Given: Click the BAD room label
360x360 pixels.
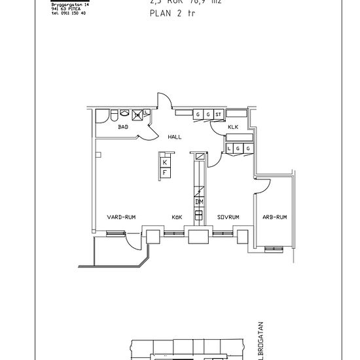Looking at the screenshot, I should (123, 128).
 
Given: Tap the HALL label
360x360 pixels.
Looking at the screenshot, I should (174, 137).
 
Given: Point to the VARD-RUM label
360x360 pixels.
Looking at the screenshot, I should (121, 217).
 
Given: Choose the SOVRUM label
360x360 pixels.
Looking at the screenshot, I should (228, 217).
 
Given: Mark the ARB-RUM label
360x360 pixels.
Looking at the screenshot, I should (275, 217).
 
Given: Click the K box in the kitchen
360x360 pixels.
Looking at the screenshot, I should (165, 162).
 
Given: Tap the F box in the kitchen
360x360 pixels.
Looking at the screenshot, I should (165, 171).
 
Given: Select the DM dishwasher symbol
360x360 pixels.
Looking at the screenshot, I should (199, 202).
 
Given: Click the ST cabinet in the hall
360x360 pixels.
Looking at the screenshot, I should (218, 115).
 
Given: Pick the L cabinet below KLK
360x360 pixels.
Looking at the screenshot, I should (230, 149).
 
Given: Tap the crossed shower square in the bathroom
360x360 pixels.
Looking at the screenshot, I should (137, 115).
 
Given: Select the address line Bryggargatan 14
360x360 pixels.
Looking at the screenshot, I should (69, 5).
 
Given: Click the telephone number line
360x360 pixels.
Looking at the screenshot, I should (68, 12).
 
